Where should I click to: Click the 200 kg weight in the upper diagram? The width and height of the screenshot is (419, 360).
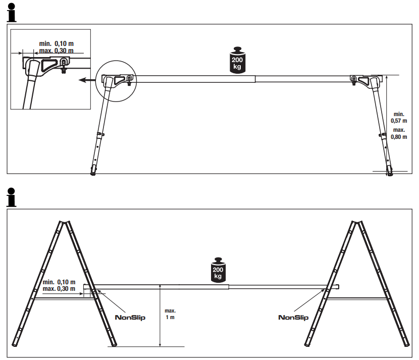(237, 61)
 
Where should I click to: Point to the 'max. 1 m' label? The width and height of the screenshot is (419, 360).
(170, 315)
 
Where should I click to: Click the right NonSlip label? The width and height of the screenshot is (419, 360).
(293, 318)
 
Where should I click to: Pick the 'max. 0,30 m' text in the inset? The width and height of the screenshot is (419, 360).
(56, 50)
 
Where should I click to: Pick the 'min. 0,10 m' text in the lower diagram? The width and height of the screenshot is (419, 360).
(59, 282)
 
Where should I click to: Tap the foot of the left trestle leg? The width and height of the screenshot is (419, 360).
(93, 172)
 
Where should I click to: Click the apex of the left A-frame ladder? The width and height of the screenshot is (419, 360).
(64, 222)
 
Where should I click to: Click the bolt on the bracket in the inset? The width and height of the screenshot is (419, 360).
(64, 62)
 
